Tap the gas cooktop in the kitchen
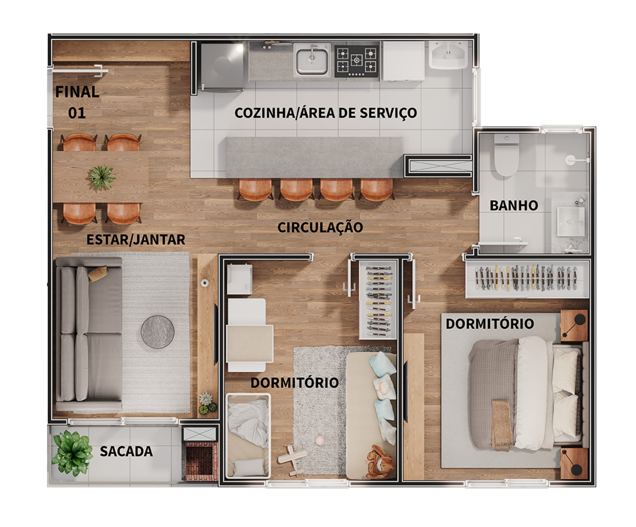tap(356, 60)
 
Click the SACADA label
tap(126, 451)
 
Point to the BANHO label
tap(514, 206)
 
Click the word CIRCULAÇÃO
tap(320, 227)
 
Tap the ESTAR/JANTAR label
tap(136, 240)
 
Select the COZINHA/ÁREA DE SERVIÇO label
tap(326, 113)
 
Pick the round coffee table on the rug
tap(157, 332)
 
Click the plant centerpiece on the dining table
tap(101, 177)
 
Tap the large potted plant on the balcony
tap(72, 453)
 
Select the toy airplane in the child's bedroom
tap(292, 459)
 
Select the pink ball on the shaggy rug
tap(320, 440)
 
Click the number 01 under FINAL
tap(77, 113)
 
